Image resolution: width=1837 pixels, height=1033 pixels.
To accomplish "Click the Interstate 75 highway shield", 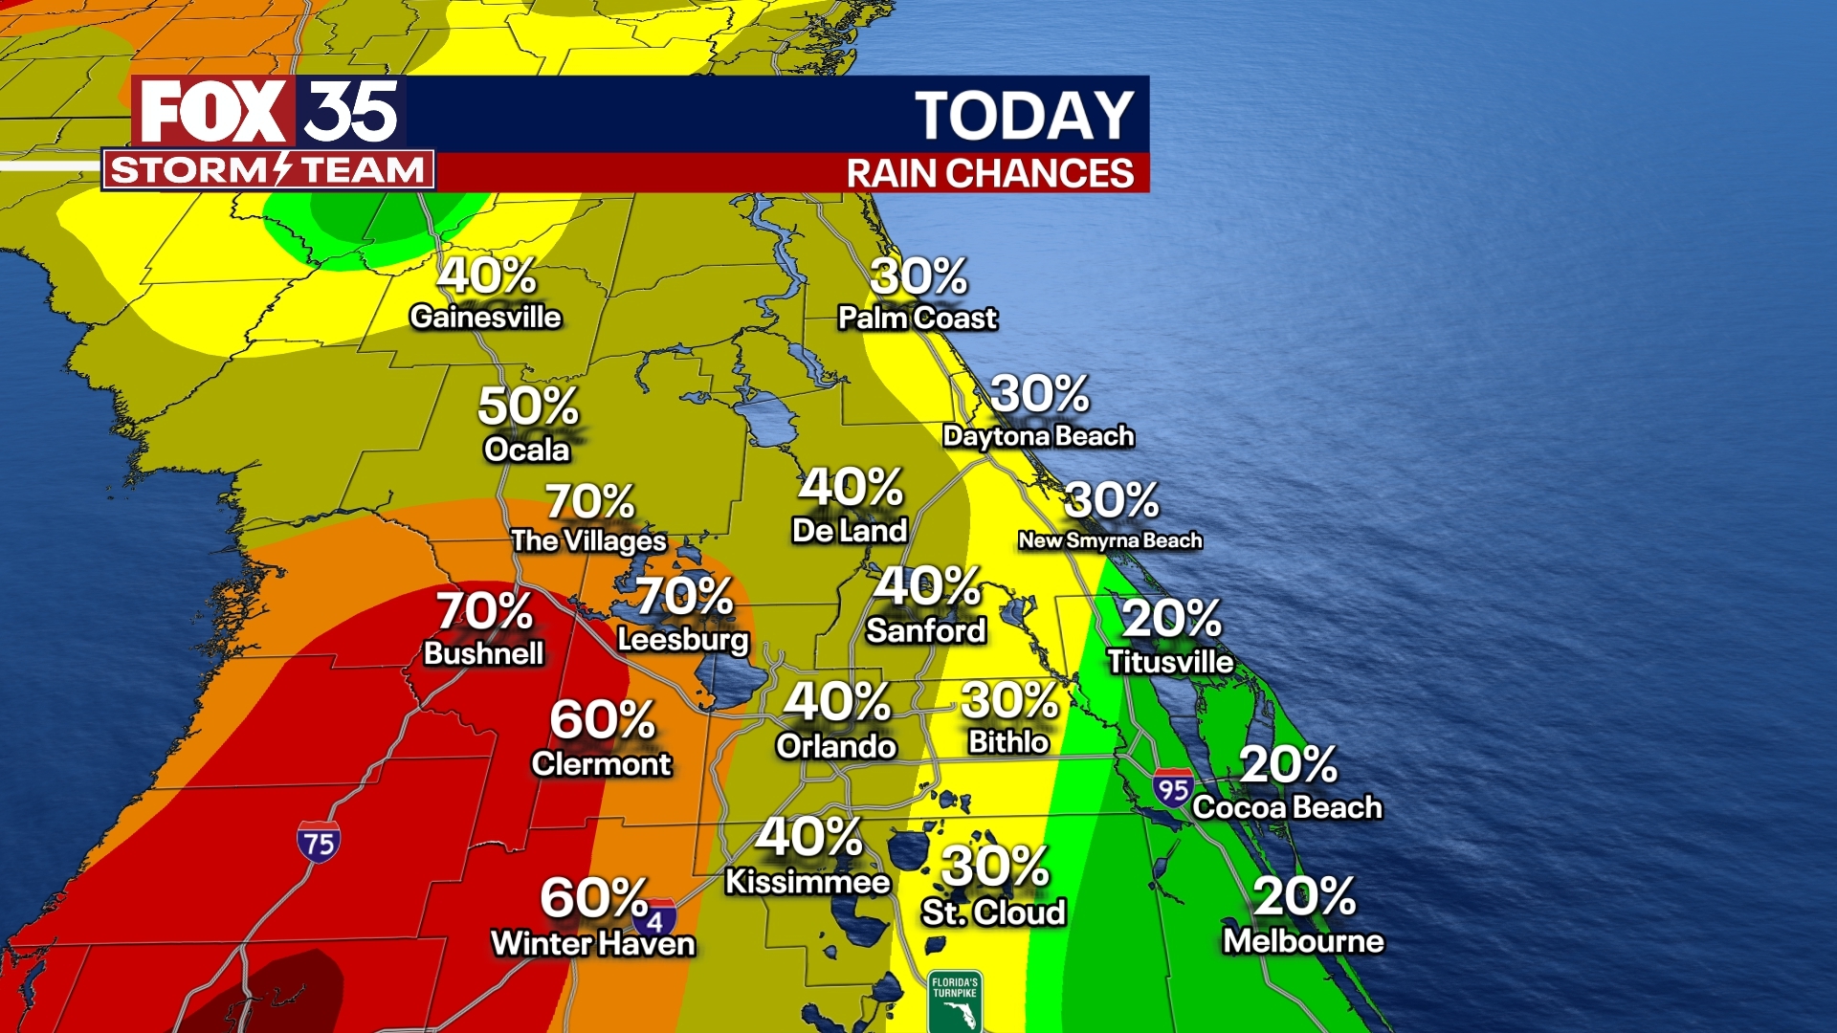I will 319,842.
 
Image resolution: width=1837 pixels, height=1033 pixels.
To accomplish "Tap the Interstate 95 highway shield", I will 1173,788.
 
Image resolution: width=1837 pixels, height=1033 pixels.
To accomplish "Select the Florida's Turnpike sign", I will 955,1000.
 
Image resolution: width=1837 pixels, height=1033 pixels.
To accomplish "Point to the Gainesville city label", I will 485,318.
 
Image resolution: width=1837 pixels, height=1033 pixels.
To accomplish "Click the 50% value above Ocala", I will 528,406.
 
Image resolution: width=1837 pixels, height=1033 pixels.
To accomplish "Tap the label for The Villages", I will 588,541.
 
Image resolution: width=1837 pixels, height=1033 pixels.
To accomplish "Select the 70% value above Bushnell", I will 484,610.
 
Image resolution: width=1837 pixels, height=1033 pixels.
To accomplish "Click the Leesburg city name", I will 682,639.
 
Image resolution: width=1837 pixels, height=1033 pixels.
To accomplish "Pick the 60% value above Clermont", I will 602,719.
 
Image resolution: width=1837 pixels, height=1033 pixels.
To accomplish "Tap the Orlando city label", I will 835,746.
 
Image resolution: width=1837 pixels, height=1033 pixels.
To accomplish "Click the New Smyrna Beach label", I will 1110,540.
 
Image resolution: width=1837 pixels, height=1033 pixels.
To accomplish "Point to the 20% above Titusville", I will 1171,618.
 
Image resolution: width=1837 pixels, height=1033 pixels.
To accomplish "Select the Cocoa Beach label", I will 1287,807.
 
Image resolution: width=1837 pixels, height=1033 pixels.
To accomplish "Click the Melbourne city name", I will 1303,941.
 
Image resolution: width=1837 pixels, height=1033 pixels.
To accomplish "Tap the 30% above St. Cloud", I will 995,867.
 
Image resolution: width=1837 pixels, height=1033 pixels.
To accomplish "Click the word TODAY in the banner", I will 1024,117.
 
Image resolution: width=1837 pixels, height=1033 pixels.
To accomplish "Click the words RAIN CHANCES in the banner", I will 990,174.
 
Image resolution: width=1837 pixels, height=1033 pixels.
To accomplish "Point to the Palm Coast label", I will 917,318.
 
